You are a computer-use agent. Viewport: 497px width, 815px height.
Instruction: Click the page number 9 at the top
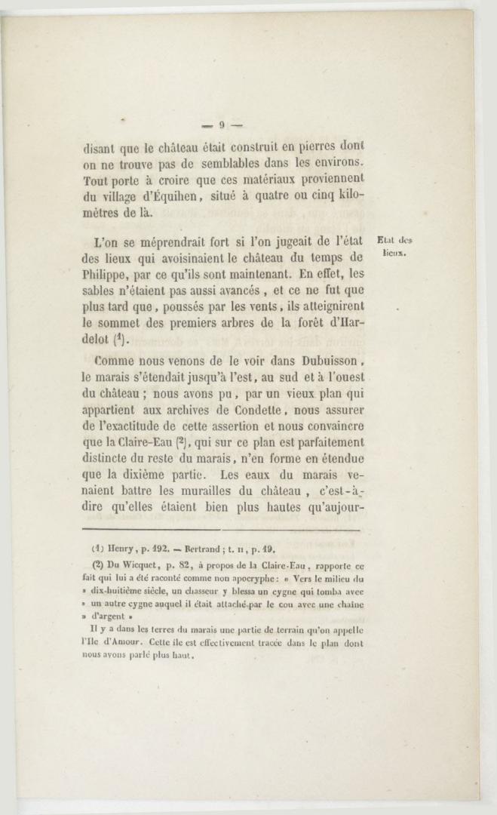point(222,125)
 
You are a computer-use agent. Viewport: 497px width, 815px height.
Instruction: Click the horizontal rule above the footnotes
point(221,531)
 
